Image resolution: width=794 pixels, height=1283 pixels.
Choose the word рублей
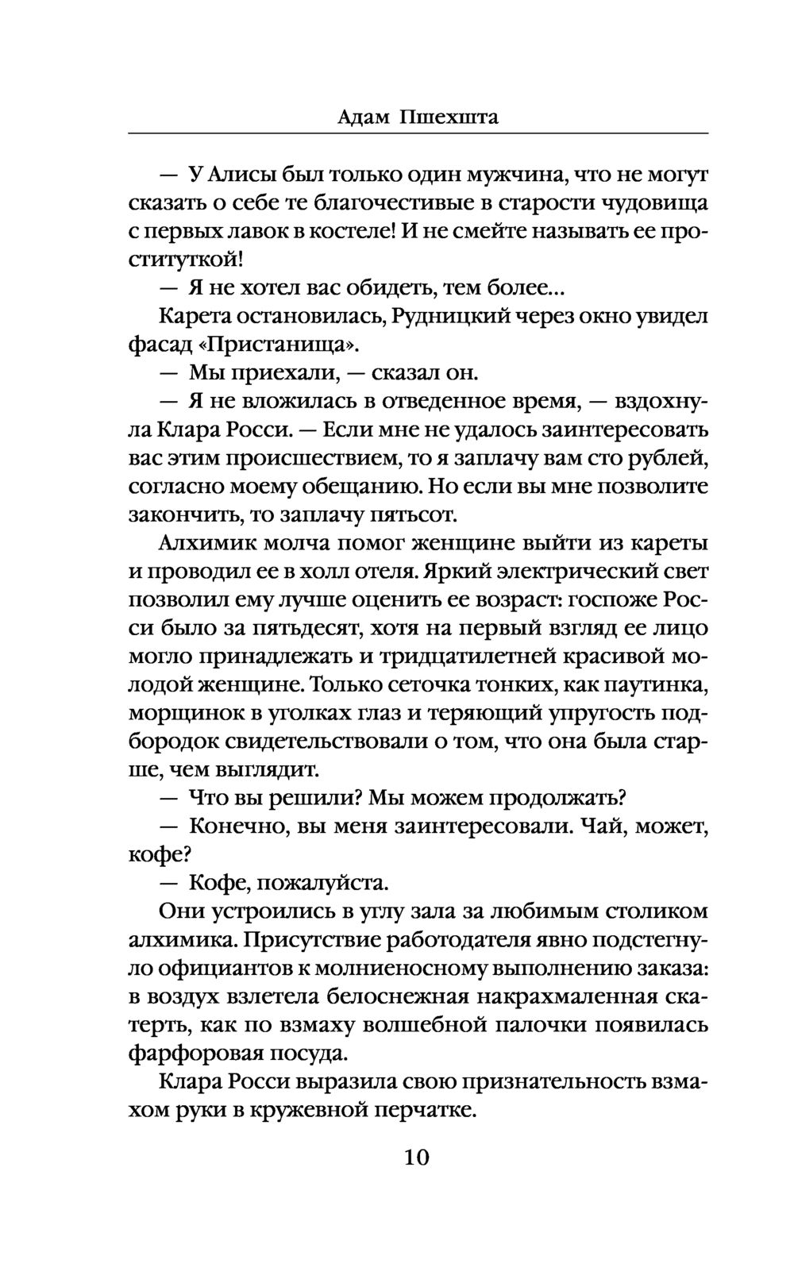[670, 458]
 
